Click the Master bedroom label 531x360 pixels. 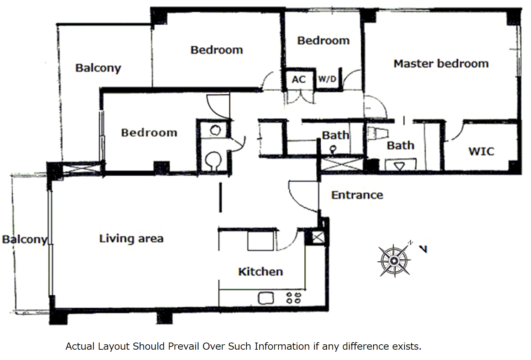(x=441, y=64)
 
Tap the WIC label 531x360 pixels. (x=482, y=151)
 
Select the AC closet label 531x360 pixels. (x=299, y=79)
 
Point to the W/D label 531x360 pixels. (x=327, y=79)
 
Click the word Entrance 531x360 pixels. (x=357, y=195)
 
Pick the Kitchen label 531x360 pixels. (x=261, y=272)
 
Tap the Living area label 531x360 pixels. (x=131, y=239)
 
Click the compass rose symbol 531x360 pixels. (x=394, y=260)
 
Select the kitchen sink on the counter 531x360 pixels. (x=266, y=298)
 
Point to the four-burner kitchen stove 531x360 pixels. (x=294, y=298)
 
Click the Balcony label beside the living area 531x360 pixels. (x=25, y=240)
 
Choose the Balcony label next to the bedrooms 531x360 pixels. (x=98, y=68)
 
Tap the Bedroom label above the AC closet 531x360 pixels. (x=324, y=41)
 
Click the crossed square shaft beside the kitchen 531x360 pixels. (x=318, y=237)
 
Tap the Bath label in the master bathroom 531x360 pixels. (x=400, y=145)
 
